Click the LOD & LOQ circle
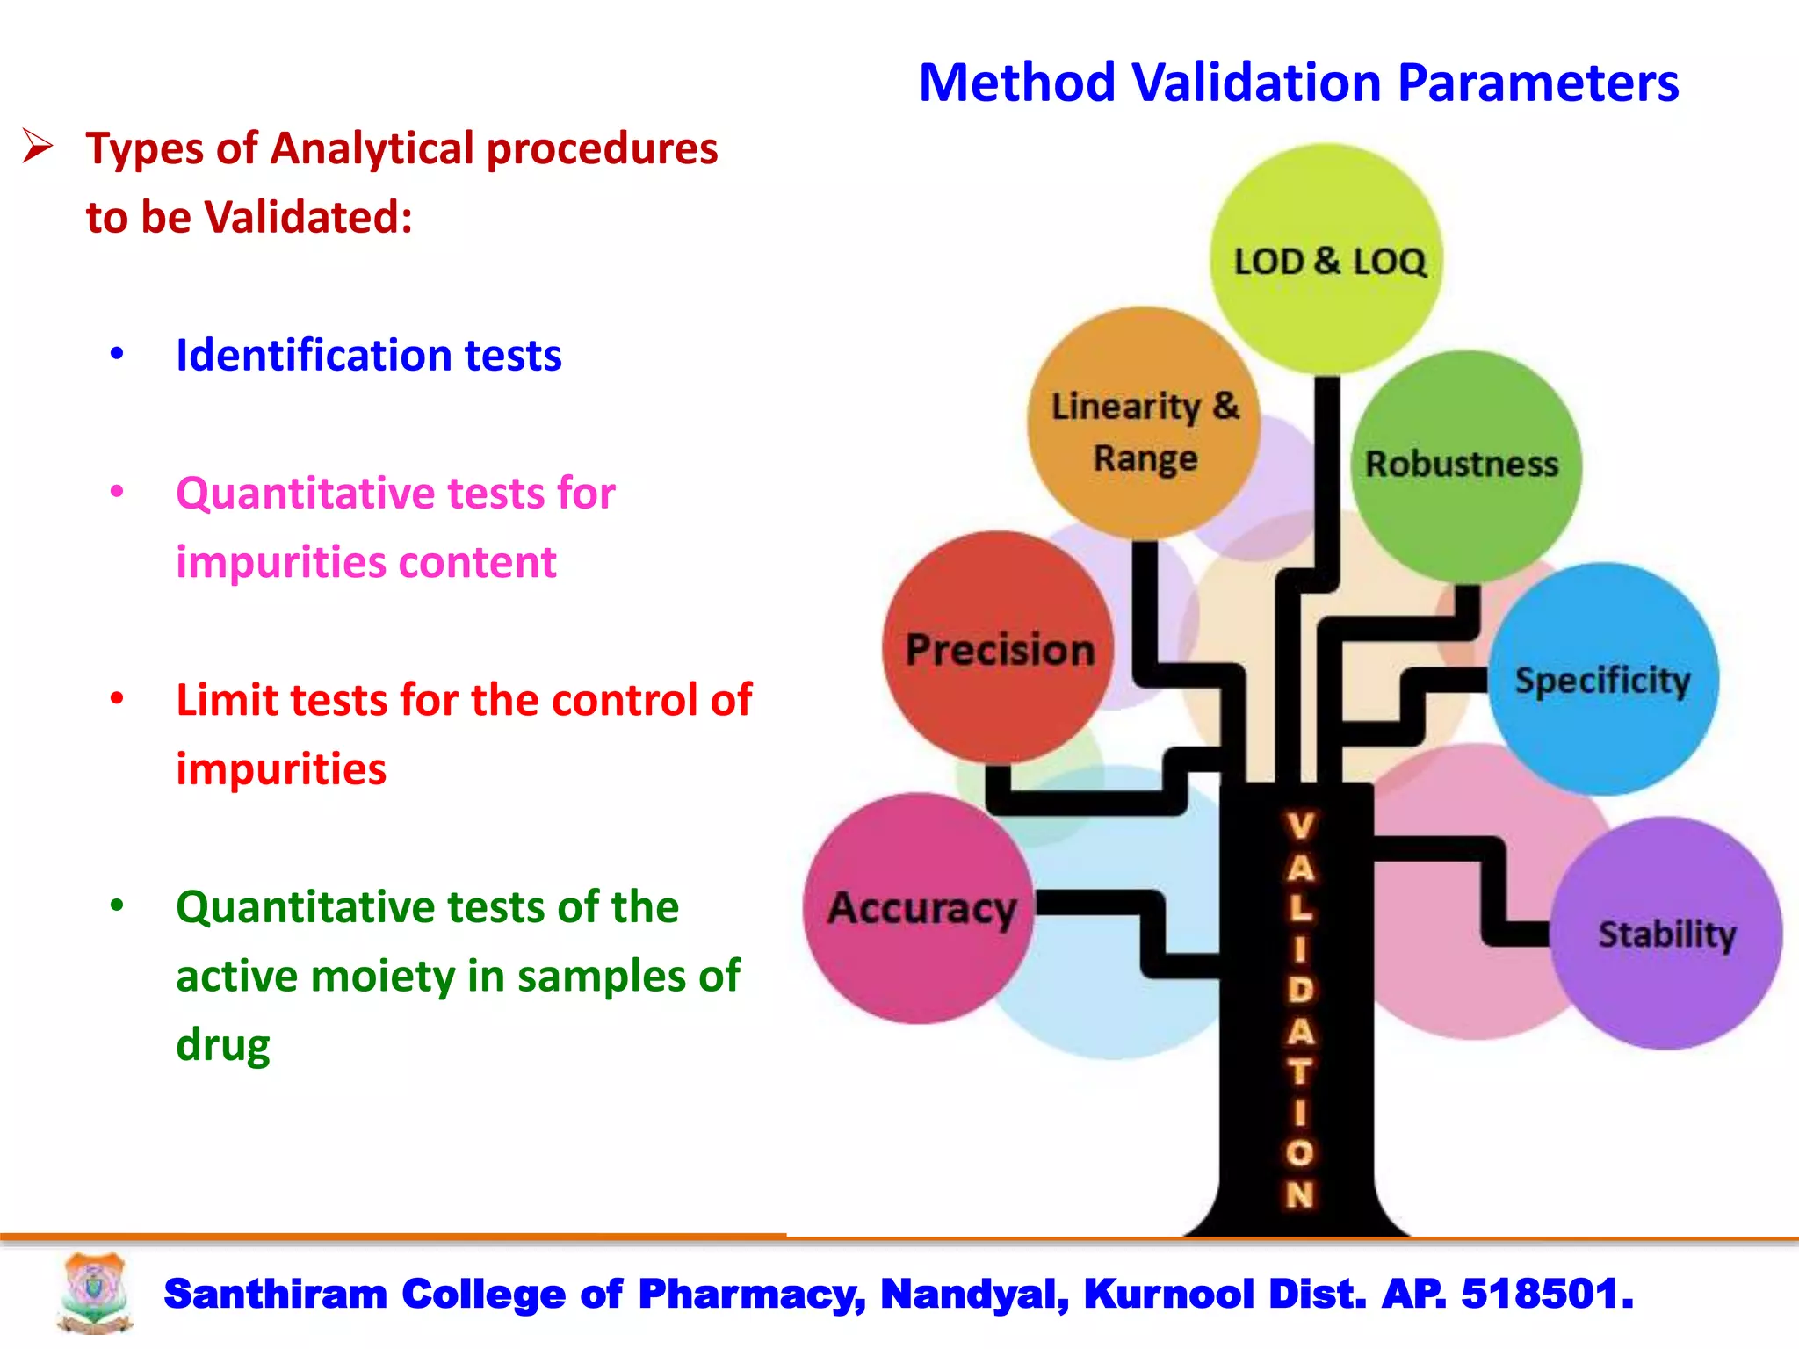coord(1326,260)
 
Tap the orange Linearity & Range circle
coord(1144,423)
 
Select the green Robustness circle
coord(1465,465)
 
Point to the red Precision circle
coord(999,648)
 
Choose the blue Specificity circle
coord(1603,680)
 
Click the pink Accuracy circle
coord(919,908)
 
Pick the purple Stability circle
coord(1666,934)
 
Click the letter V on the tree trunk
coord(1300,826)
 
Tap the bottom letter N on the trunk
coord(1300,1194)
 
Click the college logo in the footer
coord(95,1294)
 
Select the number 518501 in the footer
coord(1546,1294)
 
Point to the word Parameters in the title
coord(1537,83)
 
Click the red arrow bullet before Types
coord(38,147)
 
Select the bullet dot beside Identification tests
coord(117,354)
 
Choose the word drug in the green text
coord(223,1045)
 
